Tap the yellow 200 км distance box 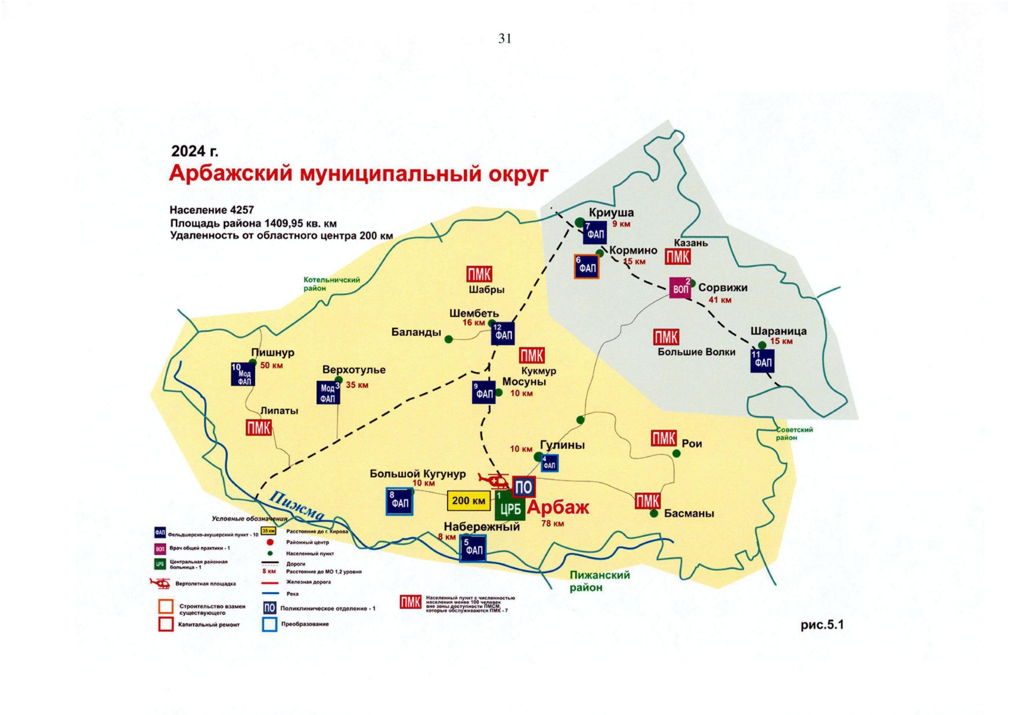469,500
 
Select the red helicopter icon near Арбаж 494,480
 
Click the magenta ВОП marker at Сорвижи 680,288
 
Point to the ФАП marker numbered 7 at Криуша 595,232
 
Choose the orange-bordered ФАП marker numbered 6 587,267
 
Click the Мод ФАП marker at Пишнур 243,374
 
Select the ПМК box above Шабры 479,274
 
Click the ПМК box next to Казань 678,257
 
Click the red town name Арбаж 558,507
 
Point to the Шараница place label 778,331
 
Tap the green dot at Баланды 449,339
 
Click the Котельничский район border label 331,284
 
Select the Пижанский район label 599,581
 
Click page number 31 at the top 505,39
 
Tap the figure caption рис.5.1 822,624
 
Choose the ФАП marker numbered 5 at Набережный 473,548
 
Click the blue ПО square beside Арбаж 523,487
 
